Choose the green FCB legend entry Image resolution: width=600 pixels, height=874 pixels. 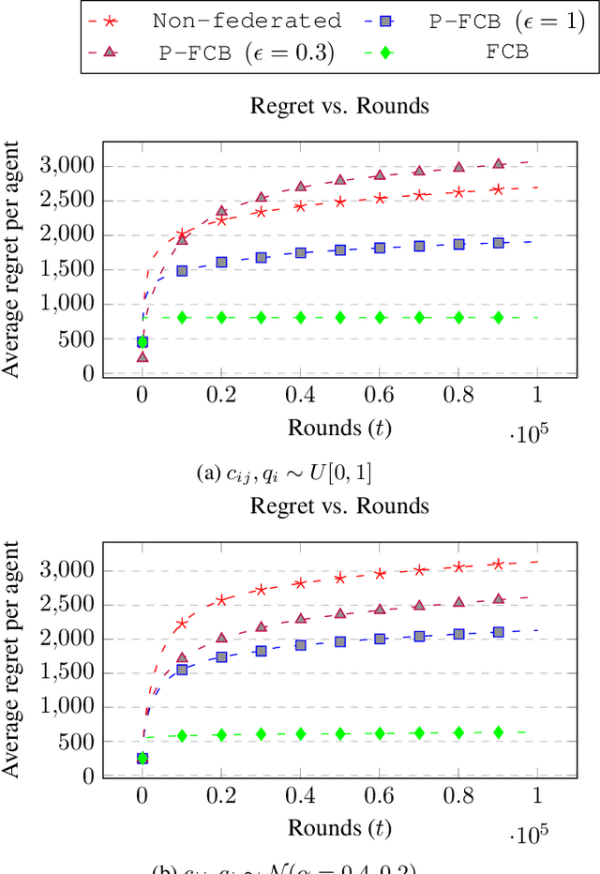(507, 53)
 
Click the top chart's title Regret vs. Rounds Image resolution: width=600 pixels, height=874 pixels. (339, 105)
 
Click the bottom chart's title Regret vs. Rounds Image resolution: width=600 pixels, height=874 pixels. (339, 506)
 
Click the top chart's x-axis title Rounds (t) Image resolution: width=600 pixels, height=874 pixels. (339, 428)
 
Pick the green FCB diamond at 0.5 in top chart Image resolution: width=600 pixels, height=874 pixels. (340, 318)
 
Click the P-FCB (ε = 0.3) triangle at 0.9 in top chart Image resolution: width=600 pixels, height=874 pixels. (499, 164)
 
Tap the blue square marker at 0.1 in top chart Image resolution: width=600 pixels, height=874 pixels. (182, 270)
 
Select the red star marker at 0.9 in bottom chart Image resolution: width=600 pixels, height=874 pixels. (499, 564)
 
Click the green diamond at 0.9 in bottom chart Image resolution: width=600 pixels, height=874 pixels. (499, 731)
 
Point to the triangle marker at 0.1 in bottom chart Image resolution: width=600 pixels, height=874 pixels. (182, 658)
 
